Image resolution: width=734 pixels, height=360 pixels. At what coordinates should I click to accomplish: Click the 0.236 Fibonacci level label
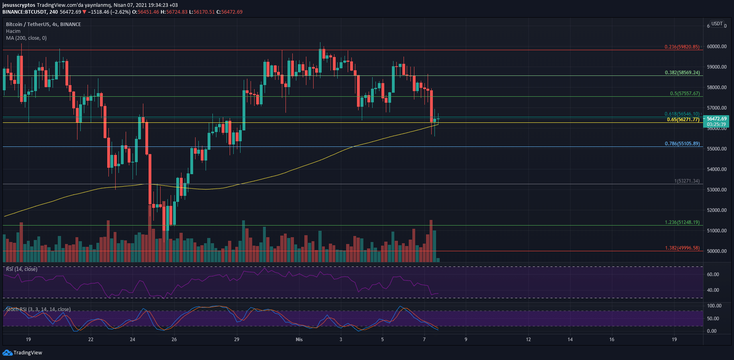click(682, 47)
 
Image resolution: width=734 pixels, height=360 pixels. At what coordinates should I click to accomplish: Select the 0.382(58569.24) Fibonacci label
click(682, 73)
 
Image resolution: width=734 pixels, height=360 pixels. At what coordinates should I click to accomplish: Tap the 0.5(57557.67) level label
click(685, 94)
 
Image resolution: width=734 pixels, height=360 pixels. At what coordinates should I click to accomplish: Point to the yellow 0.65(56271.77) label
click(683, 120)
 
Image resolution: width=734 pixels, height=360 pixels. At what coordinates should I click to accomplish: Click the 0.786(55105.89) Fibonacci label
click(682, 144)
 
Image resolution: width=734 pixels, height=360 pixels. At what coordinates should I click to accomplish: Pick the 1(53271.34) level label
click(687, 181)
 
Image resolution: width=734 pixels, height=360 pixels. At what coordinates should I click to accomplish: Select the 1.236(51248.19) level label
click(682, 222)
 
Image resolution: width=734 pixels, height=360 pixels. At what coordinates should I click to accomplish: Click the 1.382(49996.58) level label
click(682, 248)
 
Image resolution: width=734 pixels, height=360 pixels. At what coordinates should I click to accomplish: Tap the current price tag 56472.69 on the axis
click(716, 119)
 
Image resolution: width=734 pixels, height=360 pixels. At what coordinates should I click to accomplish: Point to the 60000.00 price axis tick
click(716, 47)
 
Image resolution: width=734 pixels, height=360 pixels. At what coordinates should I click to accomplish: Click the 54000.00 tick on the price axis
click(716, 169)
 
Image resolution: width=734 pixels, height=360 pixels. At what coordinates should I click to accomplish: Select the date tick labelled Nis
click(299, 340)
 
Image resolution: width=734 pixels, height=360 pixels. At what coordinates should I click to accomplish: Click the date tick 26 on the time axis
click(174, 340)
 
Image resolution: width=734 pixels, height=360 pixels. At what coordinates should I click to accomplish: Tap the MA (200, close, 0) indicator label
click(26, 38)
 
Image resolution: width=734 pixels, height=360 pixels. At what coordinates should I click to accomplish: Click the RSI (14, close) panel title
click(22, 269)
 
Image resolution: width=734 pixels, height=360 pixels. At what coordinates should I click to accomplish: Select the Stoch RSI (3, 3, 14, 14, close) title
click(38, 309)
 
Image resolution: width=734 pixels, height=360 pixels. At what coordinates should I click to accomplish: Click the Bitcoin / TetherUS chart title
click(43, 24)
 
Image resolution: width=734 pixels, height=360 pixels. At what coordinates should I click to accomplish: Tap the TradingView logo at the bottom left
click(22, 353)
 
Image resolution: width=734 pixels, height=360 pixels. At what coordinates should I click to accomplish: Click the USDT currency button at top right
click(717, 24)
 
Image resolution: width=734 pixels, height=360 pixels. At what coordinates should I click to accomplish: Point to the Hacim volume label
click(13, 31)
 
